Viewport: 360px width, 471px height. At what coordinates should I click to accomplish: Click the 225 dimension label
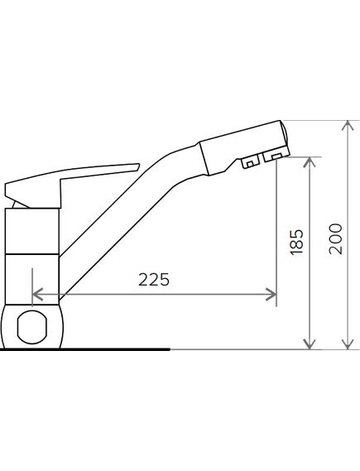point(154,279)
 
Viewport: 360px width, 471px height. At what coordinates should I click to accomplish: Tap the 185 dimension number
point(296,242)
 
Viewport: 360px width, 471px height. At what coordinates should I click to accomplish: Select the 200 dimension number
point(336,239)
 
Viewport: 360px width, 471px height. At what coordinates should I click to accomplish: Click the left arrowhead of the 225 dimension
point(37,295)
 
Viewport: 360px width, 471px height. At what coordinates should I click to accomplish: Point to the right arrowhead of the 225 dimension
point(271,294)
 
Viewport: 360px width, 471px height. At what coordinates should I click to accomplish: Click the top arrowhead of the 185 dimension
point(310,162)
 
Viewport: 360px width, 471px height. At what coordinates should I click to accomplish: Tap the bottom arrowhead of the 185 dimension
point(310,344)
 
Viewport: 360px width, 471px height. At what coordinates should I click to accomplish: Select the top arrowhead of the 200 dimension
point(348,126)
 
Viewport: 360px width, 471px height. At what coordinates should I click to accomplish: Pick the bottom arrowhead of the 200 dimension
point(348,344)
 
